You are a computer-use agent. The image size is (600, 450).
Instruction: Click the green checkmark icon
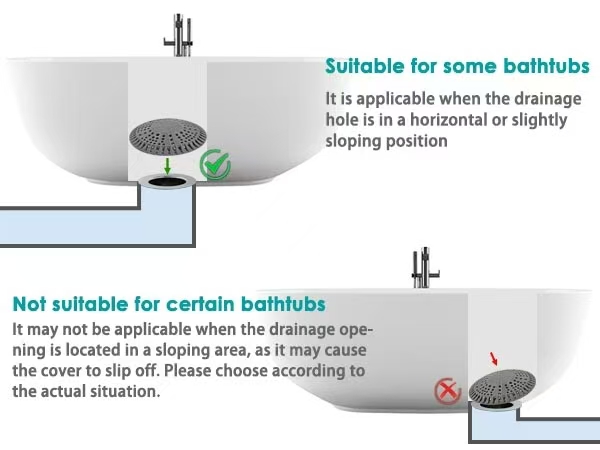(215, 165)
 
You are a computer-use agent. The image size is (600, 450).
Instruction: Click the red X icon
(447, 391)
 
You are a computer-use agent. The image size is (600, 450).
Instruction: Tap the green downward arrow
(167, 166)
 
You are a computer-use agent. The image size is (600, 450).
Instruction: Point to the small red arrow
(494, 359)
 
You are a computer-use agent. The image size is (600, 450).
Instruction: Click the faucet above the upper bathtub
(179, 35)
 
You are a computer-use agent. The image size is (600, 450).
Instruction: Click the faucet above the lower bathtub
(424, 268)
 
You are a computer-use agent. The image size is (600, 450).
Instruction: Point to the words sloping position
(386, 141)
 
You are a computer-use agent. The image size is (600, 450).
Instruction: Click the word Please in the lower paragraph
(187, 371)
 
